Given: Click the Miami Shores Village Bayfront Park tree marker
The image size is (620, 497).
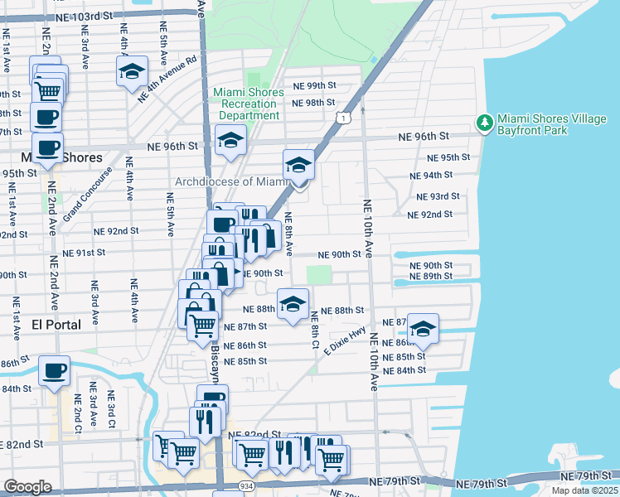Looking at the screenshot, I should point(484,123).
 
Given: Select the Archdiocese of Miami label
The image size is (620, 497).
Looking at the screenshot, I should point(230,181).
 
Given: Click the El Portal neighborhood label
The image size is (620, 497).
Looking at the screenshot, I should point(56,325).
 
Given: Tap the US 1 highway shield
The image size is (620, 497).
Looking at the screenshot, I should point(342,119).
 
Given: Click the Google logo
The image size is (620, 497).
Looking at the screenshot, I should point(27,486).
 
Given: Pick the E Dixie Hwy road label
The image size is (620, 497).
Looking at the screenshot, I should point(344,341).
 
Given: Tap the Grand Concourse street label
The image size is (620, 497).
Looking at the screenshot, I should point(96,189).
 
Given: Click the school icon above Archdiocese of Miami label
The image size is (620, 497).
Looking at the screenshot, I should point(298,165).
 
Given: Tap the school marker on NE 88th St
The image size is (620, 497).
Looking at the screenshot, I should point(293,304).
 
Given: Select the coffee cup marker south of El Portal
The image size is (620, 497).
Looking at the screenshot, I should point(55,371).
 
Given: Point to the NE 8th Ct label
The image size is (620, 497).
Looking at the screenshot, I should point(315,329).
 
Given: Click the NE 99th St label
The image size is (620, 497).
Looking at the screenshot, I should point(314,86).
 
